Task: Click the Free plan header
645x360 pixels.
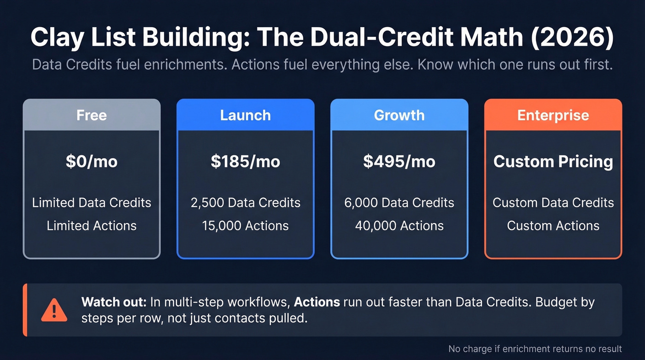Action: (91, 115)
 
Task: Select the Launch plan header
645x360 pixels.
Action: (245, 115)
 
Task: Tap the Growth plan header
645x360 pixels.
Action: (399, 115)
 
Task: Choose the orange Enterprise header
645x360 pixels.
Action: (553, 115)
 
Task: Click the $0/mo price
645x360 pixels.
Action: (91, 162)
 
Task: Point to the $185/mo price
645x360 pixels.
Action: (245, 162)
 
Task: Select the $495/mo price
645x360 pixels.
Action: (399, 162)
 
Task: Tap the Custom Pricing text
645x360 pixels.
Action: (553, 162)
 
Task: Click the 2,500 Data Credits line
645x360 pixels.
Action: (245, 203)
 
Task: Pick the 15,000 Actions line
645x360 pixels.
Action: (245, 226)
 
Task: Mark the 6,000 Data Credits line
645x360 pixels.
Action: (399, 203)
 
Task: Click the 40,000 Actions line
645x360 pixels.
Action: (399, 226)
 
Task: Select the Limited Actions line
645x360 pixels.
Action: (91, 226)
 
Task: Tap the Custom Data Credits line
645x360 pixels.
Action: (553, 203)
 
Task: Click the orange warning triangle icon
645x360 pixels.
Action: (54, 310)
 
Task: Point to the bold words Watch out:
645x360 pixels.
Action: (114, 302)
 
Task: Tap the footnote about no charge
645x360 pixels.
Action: (535, 349)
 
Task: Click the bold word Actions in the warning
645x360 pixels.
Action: (317, 302)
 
